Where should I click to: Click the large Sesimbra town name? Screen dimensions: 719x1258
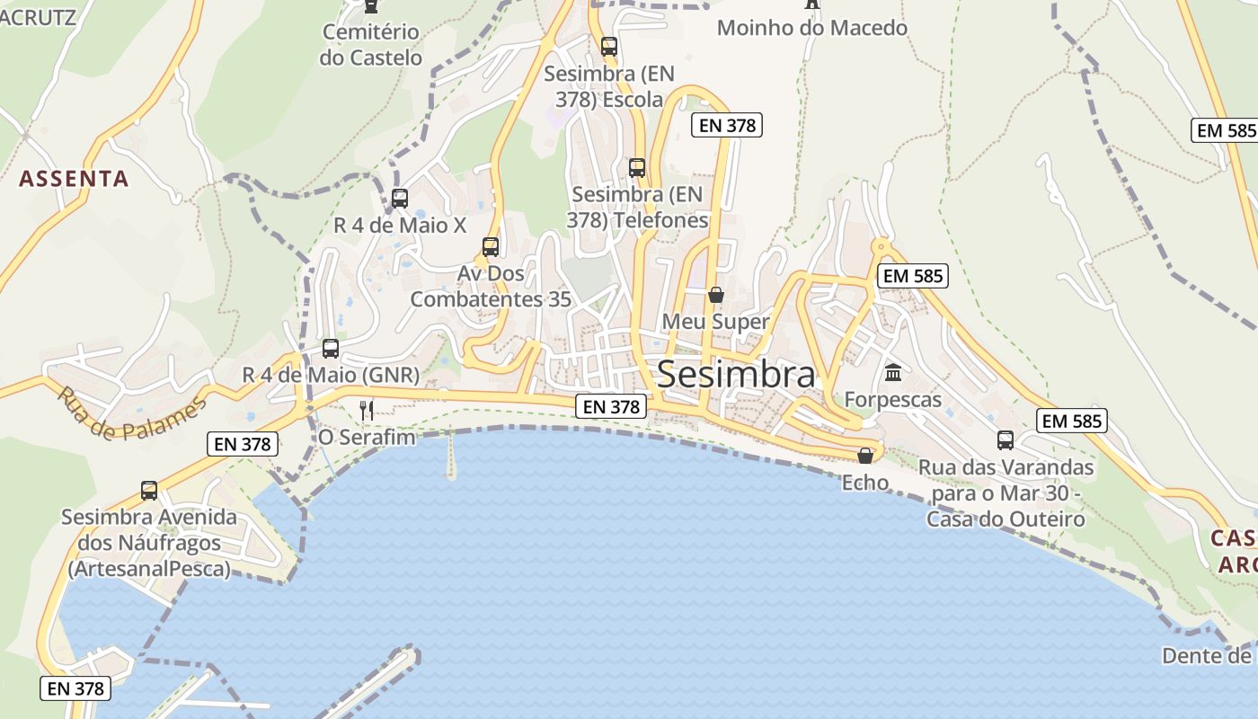tap(736, 374)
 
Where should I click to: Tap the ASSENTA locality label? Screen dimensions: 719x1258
tap(74, 178)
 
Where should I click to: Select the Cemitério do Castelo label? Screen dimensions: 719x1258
tap(370, 45)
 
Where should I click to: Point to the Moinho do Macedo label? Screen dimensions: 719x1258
tap(811, 28)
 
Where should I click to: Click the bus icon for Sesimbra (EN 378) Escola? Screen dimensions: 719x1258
tap(609, 46)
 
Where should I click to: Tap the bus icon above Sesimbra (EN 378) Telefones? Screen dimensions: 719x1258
tap(637, 167)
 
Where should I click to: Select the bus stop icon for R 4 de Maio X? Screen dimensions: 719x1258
tap(400, 199)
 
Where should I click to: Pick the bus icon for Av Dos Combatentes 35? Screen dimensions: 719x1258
tap(491, 246)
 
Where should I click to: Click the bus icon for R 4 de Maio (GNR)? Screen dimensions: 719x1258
tap(331, 348)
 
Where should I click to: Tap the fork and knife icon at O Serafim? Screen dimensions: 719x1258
tap(367, 411)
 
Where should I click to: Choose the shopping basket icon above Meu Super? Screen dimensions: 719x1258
tap(716, 295)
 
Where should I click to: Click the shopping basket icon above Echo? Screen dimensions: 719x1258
tap(865, 456)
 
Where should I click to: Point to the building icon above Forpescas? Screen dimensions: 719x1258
tap(893, 372)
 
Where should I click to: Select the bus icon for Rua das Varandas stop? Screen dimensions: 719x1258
tap(1006, 440)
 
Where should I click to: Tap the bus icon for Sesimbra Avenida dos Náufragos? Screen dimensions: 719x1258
tap(149, 491)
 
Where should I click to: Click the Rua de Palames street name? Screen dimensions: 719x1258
tap(131, 413)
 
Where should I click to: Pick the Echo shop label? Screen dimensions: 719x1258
tap(865, 483)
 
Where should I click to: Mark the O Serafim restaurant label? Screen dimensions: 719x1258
tap(368, 438)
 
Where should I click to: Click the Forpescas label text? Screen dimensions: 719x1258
tap(893, 399)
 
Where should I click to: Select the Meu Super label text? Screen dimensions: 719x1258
tap(716, 322)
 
